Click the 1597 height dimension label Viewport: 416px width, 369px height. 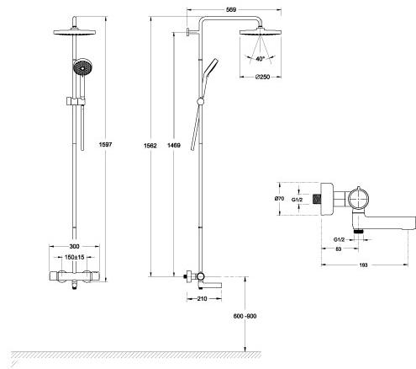click(105, 144)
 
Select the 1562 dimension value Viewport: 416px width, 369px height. click(150, 146)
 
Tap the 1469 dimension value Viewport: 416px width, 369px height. click(174, 145)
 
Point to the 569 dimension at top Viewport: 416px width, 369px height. click(231, 10)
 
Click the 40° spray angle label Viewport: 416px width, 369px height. click(261, 59)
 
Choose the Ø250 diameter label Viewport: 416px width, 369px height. click(262, 77)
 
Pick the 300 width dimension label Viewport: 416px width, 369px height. click(74, 247)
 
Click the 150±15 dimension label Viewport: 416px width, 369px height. click(74, 257)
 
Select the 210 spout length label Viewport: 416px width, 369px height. click(202, 299)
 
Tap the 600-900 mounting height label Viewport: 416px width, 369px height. click(245, 316)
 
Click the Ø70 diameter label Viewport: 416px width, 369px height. click(279, 199)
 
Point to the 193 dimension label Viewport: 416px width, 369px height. click(363, 265)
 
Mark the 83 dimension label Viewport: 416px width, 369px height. click(339, 249)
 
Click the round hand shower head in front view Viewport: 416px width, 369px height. click(82, 67)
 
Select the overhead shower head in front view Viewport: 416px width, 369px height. click(75, 32)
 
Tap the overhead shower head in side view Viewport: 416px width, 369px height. click(261, 32)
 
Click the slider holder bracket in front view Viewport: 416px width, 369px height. click(76, 101)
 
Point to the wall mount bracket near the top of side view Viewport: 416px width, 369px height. click(192, 32)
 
